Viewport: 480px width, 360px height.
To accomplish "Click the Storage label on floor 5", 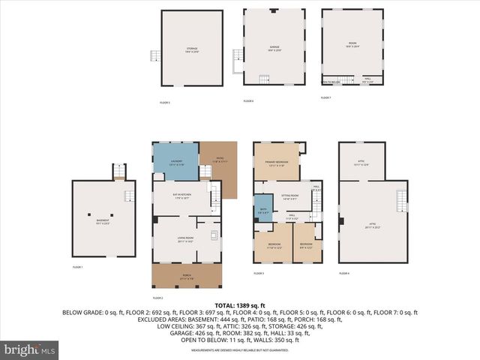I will click(192, 49).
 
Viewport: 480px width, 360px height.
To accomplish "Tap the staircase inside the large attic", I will click(400, 201).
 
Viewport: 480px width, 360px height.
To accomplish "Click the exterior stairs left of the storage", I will click(155, 57).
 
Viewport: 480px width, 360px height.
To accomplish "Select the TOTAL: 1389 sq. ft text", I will click(241, 304).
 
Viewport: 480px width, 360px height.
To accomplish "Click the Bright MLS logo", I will click(30, 349).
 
